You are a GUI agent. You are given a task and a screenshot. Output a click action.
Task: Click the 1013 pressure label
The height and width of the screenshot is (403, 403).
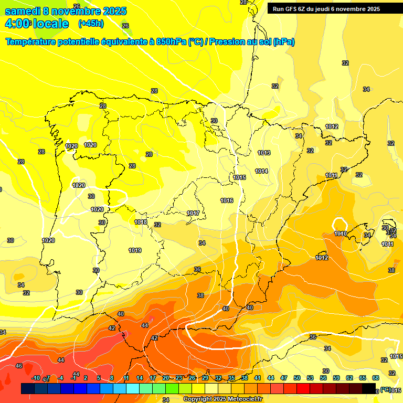click(264, 153)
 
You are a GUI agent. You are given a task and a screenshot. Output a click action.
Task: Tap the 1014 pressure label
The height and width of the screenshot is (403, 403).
click(261, 171)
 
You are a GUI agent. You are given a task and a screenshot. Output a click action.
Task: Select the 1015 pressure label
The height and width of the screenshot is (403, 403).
click(239, 177)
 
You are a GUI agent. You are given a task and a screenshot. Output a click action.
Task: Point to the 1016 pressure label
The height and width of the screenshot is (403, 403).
click(227, 200)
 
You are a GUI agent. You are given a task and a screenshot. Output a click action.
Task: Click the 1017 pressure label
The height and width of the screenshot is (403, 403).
click(193, 213)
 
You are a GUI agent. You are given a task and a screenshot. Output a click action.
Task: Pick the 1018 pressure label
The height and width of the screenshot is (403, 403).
click(141, 222)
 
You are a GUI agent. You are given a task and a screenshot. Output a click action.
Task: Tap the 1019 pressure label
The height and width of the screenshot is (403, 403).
click(135, 250)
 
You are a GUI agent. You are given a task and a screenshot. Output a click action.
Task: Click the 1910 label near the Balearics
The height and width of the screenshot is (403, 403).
click(341, 234)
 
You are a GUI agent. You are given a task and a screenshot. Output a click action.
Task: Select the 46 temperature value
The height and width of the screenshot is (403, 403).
click(19, 366)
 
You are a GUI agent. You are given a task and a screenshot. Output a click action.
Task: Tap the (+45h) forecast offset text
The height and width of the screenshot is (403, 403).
click(91, 24)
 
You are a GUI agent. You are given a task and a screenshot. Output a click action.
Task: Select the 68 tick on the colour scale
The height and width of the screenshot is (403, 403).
click(376, 378)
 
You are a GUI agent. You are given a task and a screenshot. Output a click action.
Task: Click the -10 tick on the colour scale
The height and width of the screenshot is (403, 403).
click(36, 378)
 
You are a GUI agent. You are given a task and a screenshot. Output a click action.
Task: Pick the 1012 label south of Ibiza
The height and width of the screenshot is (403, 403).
click(322, 258)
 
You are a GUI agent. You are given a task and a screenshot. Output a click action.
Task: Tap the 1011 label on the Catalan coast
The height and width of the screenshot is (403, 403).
click(331, 175)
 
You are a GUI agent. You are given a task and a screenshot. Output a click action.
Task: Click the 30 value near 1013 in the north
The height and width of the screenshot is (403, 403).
click(214, 121)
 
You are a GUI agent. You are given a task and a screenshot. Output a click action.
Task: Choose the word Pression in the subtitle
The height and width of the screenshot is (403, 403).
click(227, 42)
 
